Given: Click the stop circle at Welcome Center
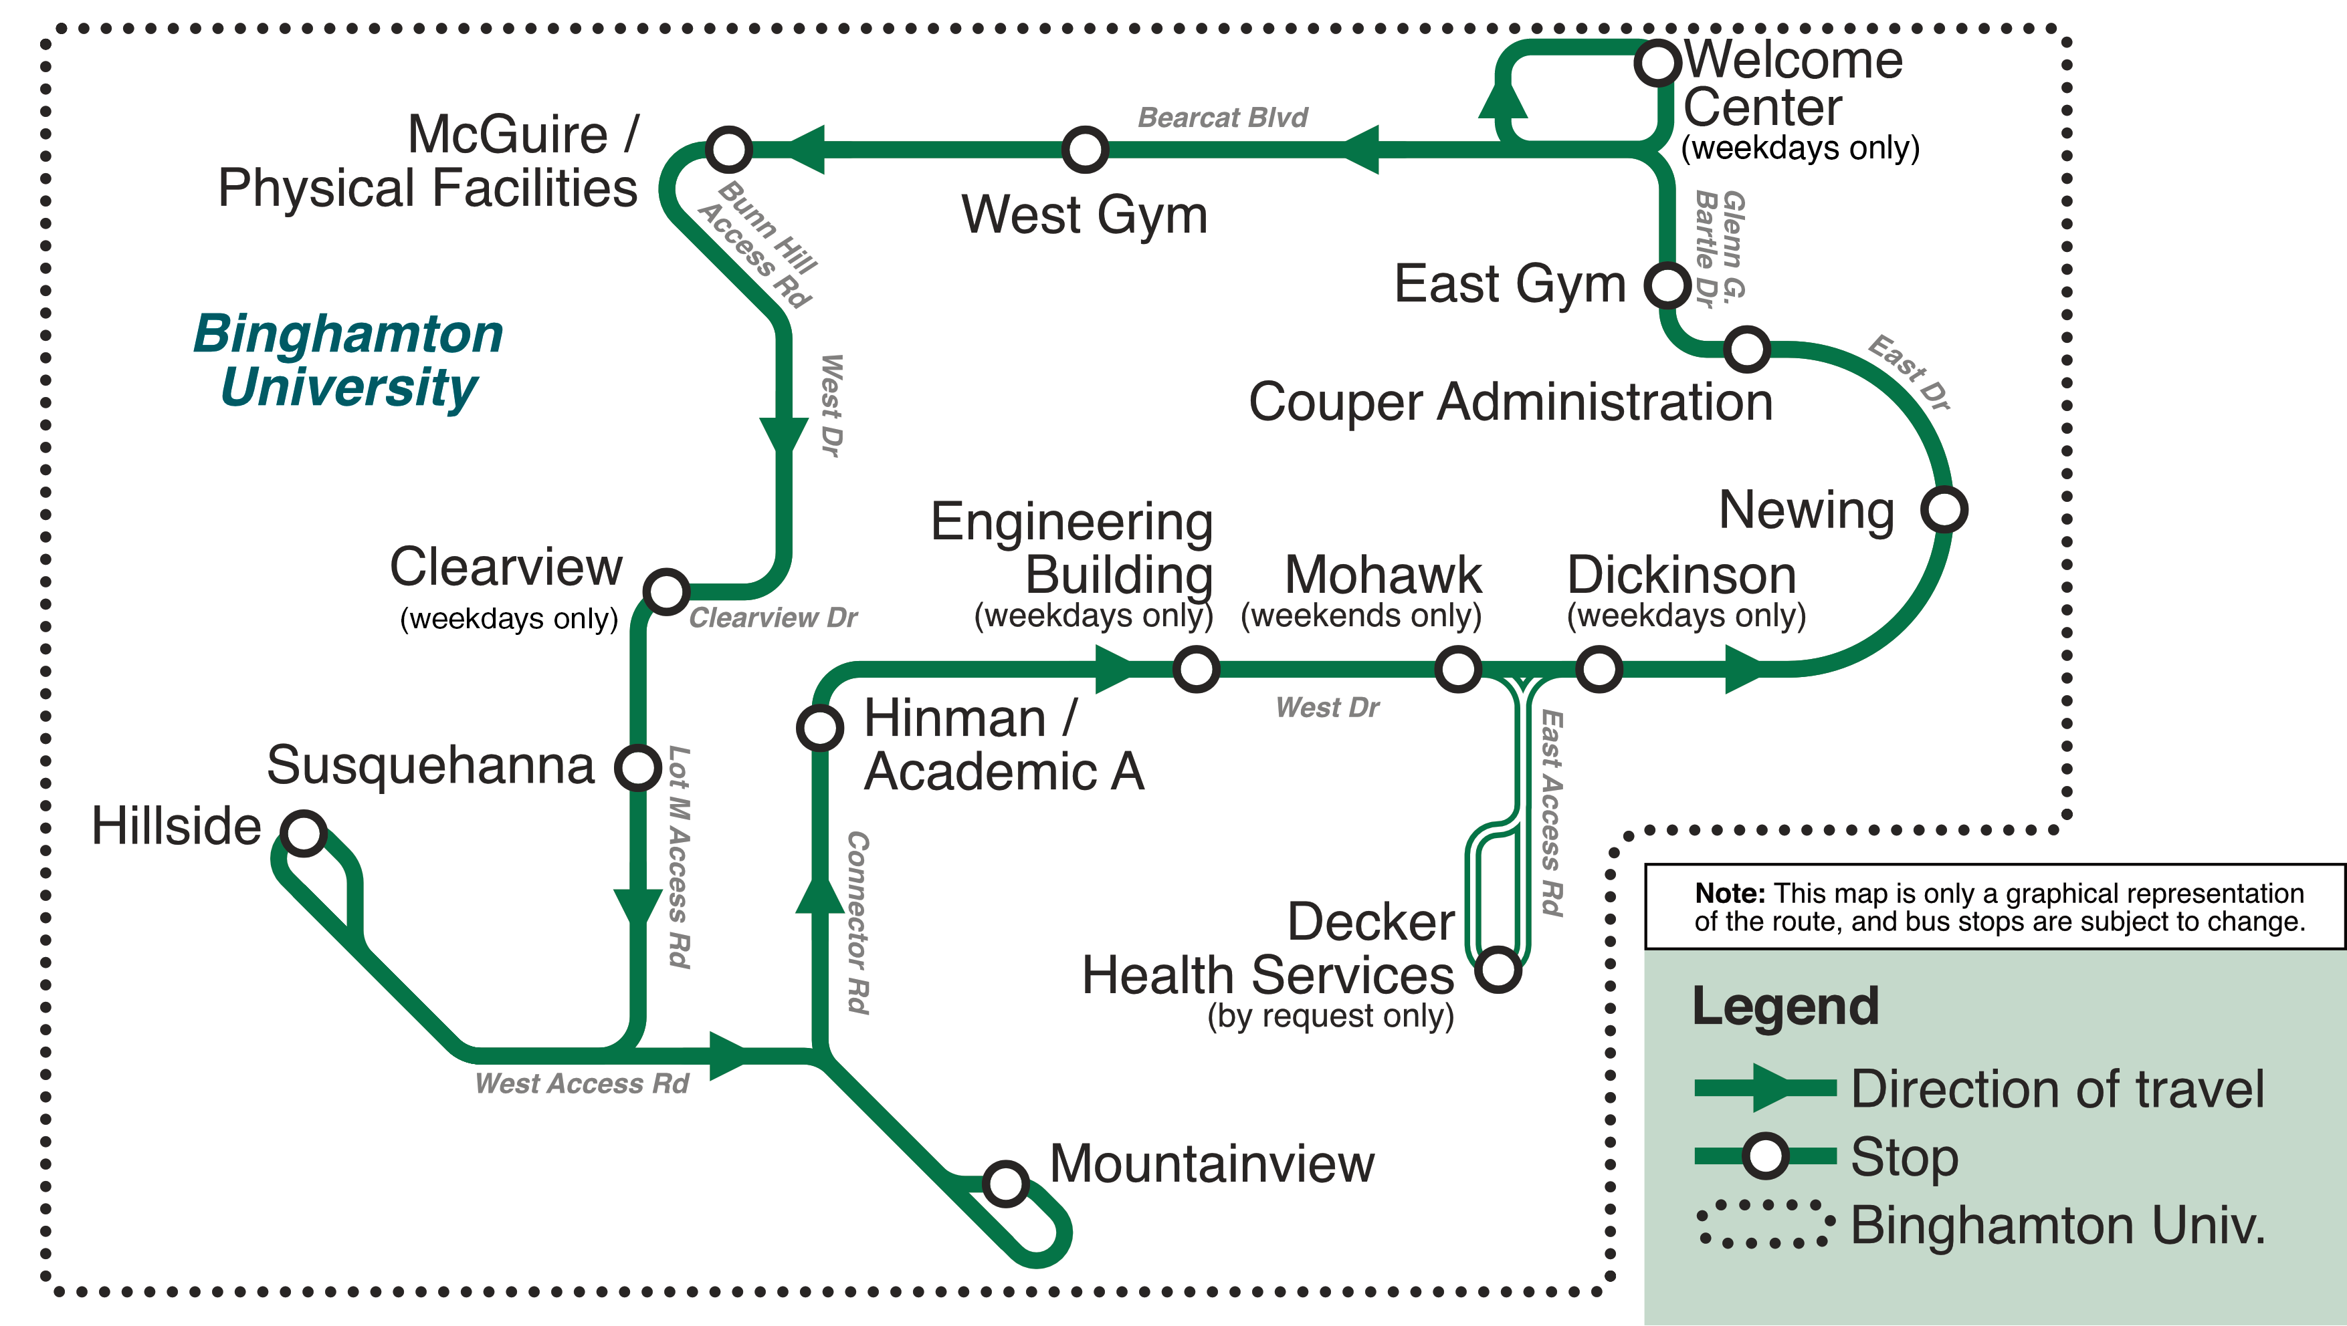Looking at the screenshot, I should (1657, 63).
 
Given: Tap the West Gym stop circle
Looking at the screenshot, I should (1084, 149).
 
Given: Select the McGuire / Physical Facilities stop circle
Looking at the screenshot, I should (729, 149).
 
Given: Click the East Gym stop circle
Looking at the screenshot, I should (1668, 285).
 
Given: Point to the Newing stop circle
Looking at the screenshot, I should (1944, 509).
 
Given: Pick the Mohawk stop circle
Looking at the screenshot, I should (1458, 670).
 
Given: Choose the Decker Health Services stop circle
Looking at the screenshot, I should (1498, 969).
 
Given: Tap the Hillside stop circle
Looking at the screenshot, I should (304, 832).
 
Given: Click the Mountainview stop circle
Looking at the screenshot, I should (1006, 1183).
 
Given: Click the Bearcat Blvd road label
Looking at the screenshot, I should (1222, 118).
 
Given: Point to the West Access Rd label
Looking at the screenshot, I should (581, 1083).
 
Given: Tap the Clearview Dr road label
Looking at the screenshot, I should (773, 618).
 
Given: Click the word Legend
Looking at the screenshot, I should (1785, 1007).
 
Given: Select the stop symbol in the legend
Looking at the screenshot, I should (1765, 1156).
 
